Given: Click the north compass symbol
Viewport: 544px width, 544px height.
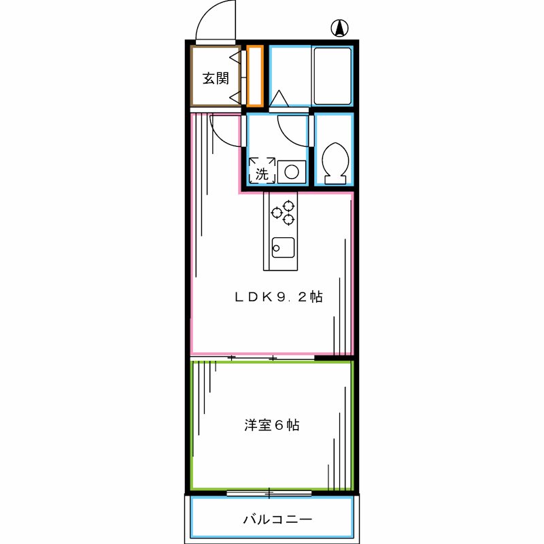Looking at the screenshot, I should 339,29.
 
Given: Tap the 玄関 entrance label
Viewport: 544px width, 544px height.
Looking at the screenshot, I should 216,78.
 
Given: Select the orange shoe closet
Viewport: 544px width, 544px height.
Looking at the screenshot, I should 254,75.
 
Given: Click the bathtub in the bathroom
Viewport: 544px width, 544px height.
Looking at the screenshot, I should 332,75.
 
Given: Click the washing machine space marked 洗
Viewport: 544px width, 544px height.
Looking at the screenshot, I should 262,170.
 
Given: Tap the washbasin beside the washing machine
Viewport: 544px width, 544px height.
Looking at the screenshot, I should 291,171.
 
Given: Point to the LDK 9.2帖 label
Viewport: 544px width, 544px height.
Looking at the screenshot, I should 278,296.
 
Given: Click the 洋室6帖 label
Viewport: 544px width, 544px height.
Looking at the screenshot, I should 272,426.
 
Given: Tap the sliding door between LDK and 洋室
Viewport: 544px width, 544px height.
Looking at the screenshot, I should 252,357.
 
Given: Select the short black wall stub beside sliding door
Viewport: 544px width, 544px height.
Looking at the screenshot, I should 333,356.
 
